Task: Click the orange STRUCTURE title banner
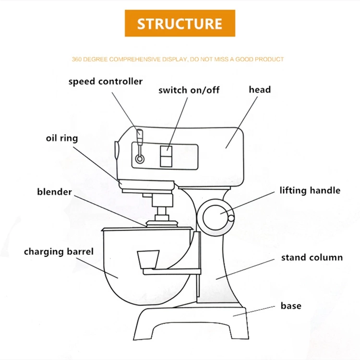coord(180,23)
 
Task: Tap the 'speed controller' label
coord(106,82)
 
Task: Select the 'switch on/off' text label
coord(189,90)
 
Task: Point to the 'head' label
coord(260,89)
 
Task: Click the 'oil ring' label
coord(62,138)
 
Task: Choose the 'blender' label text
coord(54,192)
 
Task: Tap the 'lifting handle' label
coord(310,191)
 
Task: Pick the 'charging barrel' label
coord(59,252)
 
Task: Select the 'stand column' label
coord(312,257)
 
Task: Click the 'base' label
coord(291,306)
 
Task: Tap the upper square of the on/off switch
coord(166,151)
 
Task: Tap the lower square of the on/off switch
coord(166,161)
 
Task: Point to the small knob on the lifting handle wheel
coord(231,218)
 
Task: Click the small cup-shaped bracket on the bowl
coord(148,260)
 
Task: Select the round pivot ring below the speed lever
coord(140,159)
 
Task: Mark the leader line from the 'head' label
coord(241,122)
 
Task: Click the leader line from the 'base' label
coord(254,311)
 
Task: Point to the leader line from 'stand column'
coord(245,269)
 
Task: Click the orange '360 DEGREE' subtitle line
coord(178,60)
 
